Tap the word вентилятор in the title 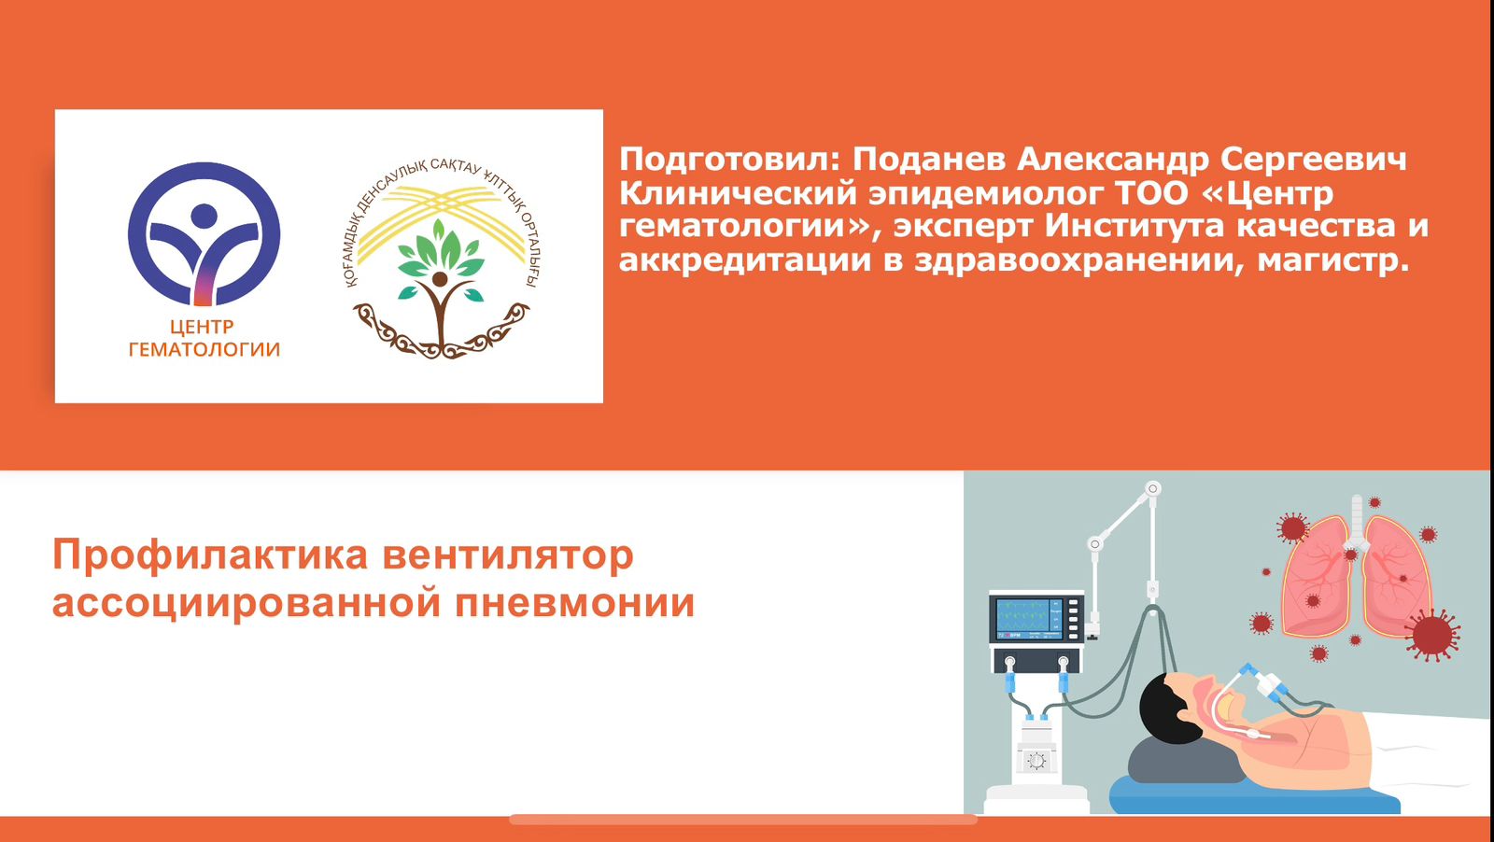(x=508, y=555)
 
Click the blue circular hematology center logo (x=204, y=234)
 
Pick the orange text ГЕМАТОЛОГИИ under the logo (x=204, y=350)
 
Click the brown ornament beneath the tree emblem (x=440, y=331)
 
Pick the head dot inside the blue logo (x=204, y=216)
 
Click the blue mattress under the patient (x=1254, y=796)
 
